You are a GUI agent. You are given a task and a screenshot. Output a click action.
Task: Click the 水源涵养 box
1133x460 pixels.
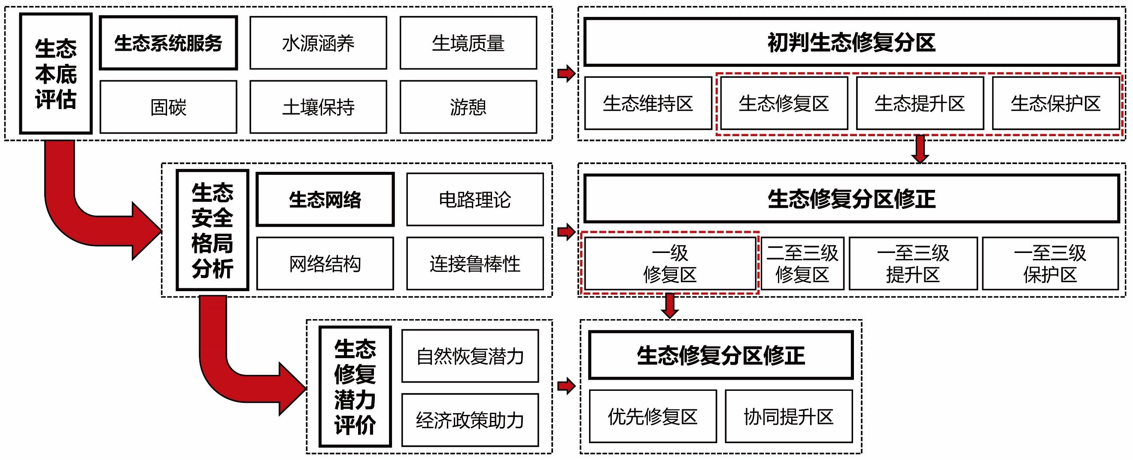coord(319,43)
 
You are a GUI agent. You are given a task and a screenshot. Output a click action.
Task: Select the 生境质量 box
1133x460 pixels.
coord(468,43)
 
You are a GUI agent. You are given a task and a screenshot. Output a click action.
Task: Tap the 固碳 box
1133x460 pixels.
coord(168,107)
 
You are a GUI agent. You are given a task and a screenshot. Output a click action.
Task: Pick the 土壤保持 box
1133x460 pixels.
coord(319,107)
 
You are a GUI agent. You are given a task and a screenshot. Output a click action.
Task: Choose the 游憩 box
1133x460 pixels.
coord(468,107)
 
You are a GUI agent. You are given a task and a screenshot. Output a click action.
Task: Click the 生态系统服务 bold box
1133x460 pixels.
coord(168,43)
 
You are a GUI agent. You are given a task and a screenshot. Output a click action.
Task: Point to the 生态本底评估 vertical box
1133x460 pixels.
coord(56,73)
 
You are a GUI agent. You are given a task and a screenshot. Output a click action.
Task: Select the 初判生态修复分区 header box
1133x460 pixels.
coord(851,42)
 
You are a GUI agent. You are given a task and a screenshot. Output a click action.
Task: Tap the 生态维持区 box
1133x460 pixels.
coord(648,104)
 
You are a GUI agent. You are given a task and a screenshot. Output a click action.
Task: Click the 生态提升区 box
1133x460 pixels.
coord(920,104)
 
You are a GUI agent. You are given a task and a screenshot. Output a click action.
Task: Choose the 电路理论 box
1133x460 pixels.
coord(475,199)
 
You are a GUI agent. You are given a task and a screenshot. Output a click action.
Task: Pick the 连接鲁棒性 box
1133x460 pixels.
coord(475,264)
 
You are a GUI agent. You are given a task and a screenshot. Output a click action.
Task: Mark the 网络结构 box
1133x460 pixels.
coord(325,264)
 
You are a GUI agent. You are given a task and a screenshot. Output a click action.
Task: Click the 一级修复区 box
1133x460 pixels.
coord(670,264)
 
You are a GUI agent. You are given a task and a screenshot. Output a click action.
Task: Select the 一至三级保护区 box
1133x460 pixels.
coord(1050,264)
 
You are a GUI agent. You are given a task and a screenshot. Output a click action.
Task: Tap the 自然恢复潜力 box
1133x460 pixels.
coord(470,356)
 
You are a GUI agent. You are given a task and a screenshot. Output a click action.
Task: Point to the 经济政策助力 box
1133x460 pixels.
coord(470,420)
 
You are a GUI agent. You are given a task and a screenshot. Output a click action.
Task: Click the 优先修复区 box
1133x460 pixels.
coord(653,417)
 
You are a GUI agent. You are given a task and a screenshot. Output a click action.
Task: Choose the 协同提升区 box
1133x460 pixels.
coord(789,417)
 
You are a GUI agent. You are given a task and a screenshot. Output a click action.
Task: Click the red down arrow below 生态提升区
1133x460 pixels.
coord(920,149)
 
